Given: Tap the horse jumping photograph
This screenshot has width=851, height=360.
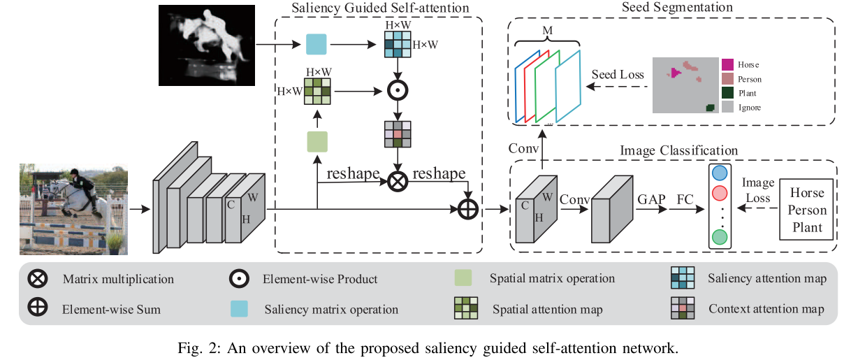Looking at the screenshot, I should click(x=75, y=208).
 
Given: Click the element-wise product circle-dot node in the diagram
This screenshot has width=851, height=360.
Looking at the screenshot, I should click(x=398, y=91).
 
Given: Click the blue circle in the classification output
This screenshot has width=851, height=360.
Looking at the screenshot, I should click(x=719, y=173).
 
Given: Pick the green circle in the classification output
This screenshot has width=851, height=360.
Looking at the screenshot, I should click(x=719, y=238).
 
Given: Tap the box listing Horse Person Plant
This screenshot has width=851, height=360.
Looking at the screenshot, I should click(x=807, y=209).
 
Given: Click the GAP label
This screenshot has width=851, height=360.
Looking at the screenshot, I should click(x=650, y=199).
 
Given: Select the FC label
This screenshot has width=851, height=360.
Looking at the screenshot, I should click(x=685, y=199).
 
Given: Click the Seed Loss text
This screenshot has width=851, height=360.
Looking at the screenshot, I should click(x=618, y=75).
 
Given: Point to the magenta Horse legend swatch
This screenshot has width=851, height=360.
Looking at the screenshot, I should click(x=727, y=64).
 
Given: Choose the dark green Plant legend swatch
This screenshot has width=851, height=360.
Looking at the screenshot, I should click(x=727, y=93).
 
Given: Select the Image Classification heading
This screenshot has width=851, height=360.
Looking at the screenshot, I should click(x=678, y=150).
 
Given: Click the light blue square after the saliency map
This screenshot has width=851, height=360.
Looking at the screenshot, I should click(x=317, y=45).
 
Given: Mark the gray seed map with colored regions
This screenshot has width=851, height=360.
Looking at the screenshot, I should click(x=685, y=85).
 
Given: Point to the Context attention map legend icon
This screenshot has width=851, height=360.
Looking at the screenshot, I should click(x=681, y=309).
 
